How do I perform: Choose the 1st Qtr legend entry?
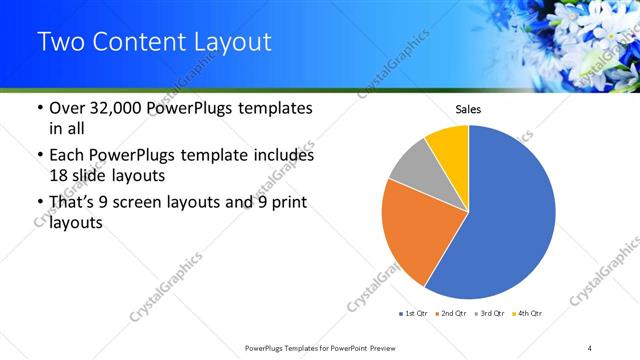tap(415, 315)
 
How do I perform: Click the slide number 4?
tap(590, 347)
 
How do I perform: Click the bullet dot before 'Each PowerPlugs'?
tap(39, 156)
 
